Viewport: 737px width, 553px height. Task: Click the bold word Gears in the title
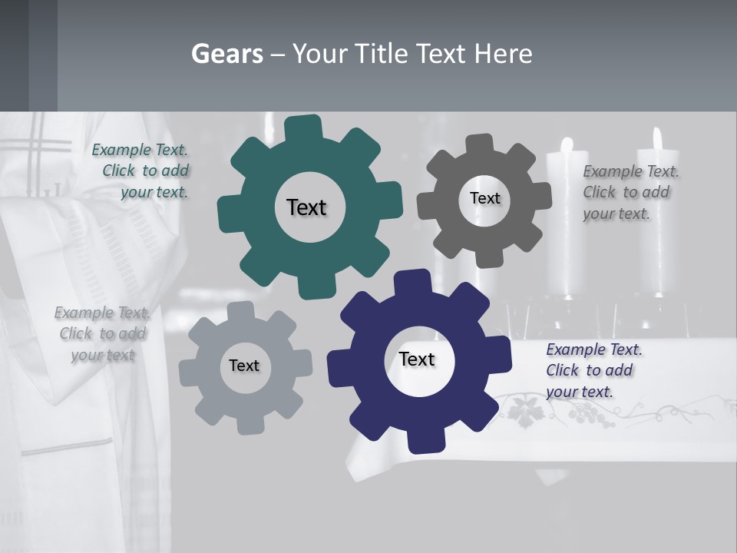[226, 54]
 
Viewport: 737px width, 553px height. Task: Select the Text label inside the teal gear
[306, 207]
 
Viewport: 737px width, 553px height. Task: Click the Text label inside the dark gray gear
[484, 198]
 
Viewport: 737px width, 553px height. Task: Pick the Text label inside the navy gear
[417, 359]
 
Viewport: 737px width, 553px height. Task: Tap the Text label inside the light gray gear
[244, 366]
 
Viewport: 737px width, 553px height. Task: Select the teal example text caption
[144, 171]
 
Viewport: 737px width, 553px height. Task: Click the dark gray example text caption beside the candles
[630, 192]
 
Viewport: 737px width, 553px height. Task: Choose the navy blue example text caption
[593, 370]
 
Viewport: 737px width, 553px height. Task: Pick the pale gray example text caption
[102, 334]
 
